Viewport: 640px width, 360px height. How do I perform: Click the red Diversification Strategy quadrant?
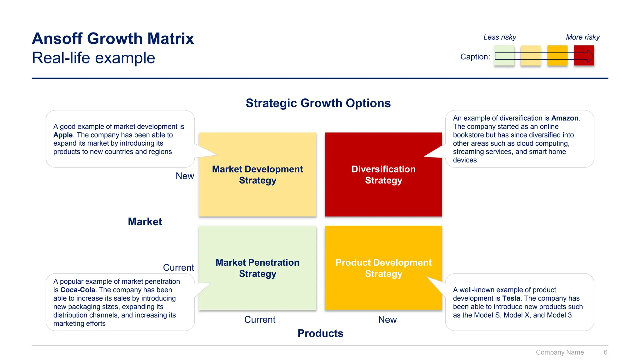click(383, 194)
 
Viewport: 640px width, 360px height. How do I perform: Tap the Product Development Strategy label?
click(383, 268)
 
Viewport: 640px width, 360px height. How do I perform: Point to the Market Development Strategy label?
click(257, 175)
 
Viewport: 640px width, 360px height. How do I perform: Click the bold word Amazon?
click(565, 118)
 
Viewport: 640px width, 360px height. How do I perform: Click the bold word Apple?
click(63, 135)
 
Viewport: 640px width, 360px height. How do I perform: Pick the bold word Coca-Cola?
click(77, 290)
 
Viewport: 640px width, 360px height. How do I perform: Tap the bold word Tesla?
click(511, 298)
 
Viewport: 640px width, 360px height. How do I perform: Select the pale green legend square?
click(504, 56)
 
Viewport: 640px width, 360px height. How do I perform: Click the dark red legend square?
click(584, 56)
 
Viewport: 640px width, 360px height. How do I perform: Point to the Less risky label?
click(500, 37)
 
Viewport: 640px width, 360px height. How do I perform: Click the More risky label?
click(583, 37)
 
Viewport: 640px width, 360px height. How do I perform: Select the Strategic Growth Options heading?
click(318, 103)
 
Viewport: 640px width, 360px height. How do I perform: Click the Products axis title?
click(320, 333)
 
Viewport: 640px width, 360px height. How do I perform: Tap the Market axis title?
click(145, 222)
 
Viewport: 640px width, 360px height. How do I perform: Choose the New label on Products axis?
click(387, 320)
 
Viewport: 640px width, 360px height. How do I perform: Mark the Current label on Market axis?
click(178, 267)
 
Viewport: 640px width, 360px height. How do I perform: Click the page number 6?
click(605, 352)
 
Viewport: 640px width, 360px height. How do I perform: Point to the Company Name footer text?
click(560, 352)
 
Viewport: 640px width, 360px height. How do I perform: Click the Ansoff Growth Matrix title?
click(113, 39)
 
